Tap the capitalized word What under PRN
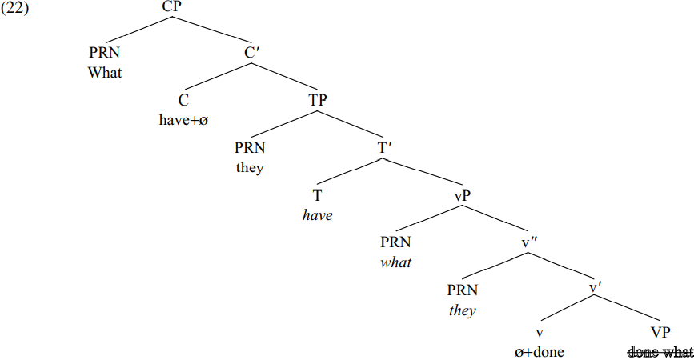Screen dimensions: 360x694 (106, 73)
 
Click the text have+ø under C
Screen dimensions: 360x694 (183, 121)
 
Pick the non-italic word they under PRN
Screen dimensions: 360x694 (250, 168)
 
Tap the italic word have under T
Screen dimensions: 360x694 (319, 216)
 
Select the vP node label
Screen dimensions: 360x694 (460, 196)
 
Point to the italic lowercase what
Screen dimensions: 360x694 (396, 263)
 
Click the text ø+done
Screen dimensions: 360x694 (540, 352)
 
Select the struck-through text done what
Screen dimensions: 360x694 (660, 352)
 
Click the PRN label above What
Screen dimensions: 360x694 (106, 54)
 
